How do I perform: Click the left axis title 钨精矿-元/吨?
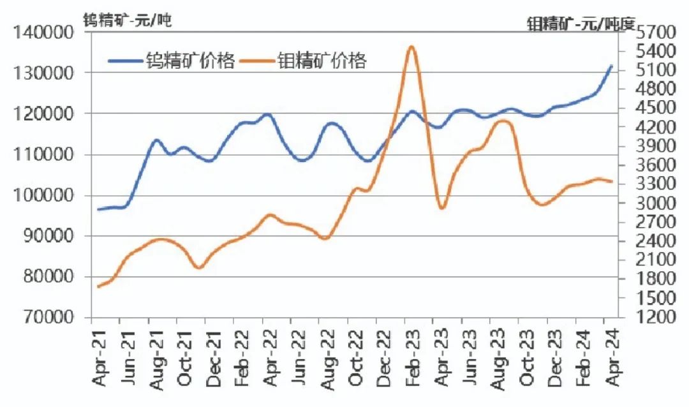[128, 19]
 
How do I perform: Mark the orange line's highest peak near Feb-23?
[411, 47]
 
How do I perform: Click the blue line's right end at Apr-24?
[612, 66]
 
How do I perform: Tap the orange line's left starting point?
[98, 286]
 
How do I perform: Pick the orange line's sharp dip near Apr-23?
[442, 208]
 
